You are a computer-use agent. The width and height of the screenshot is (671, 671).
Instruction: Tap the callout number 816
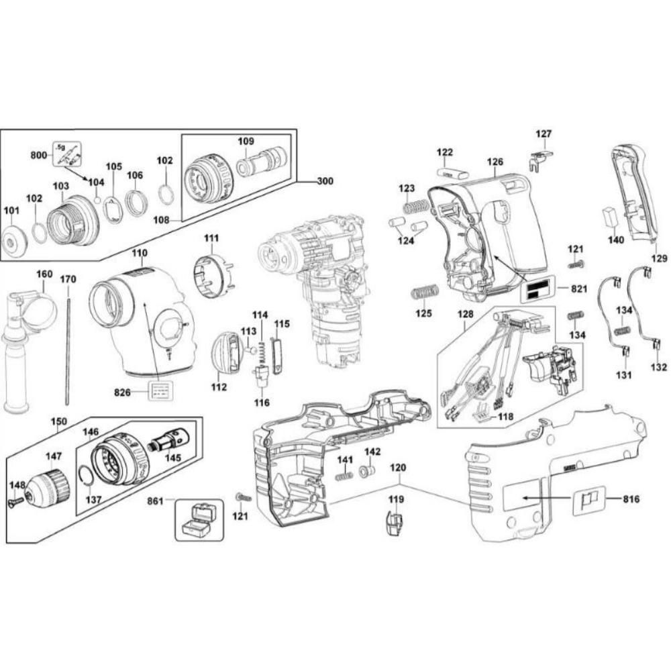(x=631, y=499)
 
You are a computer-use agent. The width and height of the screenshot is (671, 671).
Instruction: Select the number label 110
(x=139, y=253)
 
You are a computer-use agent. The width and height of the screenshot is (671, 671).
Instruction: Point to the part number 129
(x=660, y=258)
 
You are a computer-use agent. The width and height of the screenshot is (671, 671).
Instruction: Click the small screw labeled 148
(x=15, y=501)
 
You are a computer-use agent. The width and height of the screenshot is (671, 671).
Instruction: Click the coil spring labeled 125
(x=424, y=293)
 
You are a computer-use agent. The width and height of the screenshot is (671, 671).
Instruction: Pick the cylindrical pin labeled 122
(x=451, y=172)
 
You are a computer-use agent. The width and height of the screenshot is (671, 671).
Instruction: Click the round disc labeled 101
(x=14, y=238)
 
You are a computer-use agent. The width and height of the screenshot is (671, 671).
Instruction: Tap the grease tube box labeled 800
(x=67, y=155)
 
